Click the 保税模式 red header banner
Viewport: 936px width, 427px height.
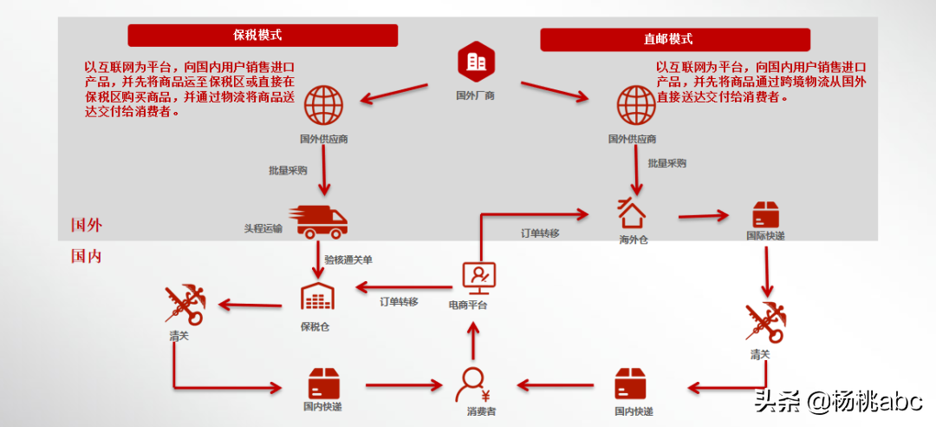[263, 36]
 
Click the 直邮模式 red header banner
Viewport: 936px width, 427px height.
[675, 40]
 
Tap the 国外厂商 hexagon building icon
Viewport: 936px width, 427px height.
[475, 61]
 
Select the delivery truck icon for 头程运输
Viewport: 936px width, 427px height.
[322, 221]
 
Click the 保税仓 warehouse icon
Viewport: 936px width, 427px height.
[316, 297]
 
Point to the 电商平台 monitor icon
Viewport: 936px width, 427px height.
[478, 277]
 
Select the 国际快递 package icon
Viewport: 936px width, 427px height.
[766, 214]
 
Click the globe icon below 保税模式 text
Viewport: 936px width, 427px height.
[323, 105]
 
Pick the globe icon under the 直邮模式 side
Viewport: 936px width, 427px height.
[636, 105]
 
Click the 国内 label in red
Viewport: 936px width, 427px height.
[87, 256]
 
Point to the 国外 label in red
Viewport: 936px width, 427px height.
[87, 226]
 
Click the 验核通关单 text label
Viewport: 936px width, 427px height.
[348, 259]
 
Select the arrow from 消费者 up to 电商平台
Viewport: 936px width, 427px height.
[473, 340]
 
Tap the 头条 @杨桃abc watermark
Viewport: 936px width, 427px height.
[836, 401]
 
